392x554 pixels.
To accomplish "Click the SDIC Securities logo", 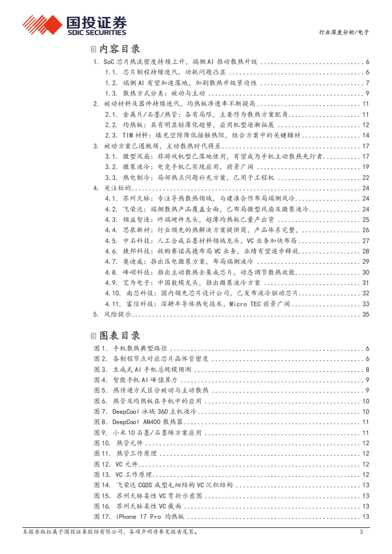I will (74, 24).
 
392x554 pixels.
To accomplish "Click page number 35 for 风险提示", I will (365, 314).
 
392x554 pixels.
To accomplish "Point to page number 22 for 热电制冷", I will (365, 178).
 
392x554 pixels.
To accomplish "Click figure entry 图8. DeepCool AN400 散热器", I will (138, 422).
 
